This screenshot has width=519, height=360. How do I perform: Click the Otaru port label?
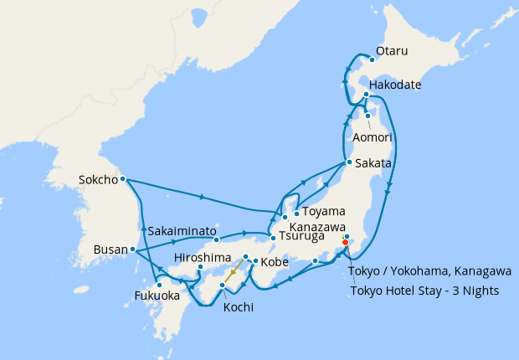(x=392, y=51)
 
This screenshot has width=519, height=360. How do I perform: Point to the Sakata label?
(x=373, y=163)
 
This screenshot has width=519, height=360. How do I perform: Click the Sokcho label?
(x=96, y=179)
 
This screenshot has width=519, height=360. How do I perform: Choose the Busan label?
(x=107, y=249)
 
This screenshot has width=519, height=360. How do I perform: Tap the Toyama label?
(x=322, y=212)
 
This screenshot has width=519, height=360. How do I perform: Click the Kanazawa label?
(x=318, y=227)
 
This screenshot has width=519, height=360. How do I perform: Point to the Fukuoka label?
(x=157, y=296)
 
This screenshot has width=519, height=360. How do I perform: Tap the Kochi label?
(x=238, y=307)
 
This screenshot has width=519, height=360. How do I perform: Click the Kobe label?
(x=275, y=262)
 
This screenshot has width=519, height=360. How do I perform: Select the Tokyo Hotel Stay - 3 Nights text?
(x=424, y=291)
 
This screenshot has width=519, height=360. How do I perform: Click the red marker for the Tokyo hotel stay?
(x=345, y=243)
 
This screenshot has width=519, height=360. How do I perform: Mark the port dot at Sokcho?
(x=122, y=178)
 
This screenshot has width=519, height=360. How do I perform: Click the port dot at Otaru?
(x=372, y=59)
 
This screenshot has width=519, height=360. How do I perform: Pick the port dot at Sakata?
(x=347, y=162)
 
